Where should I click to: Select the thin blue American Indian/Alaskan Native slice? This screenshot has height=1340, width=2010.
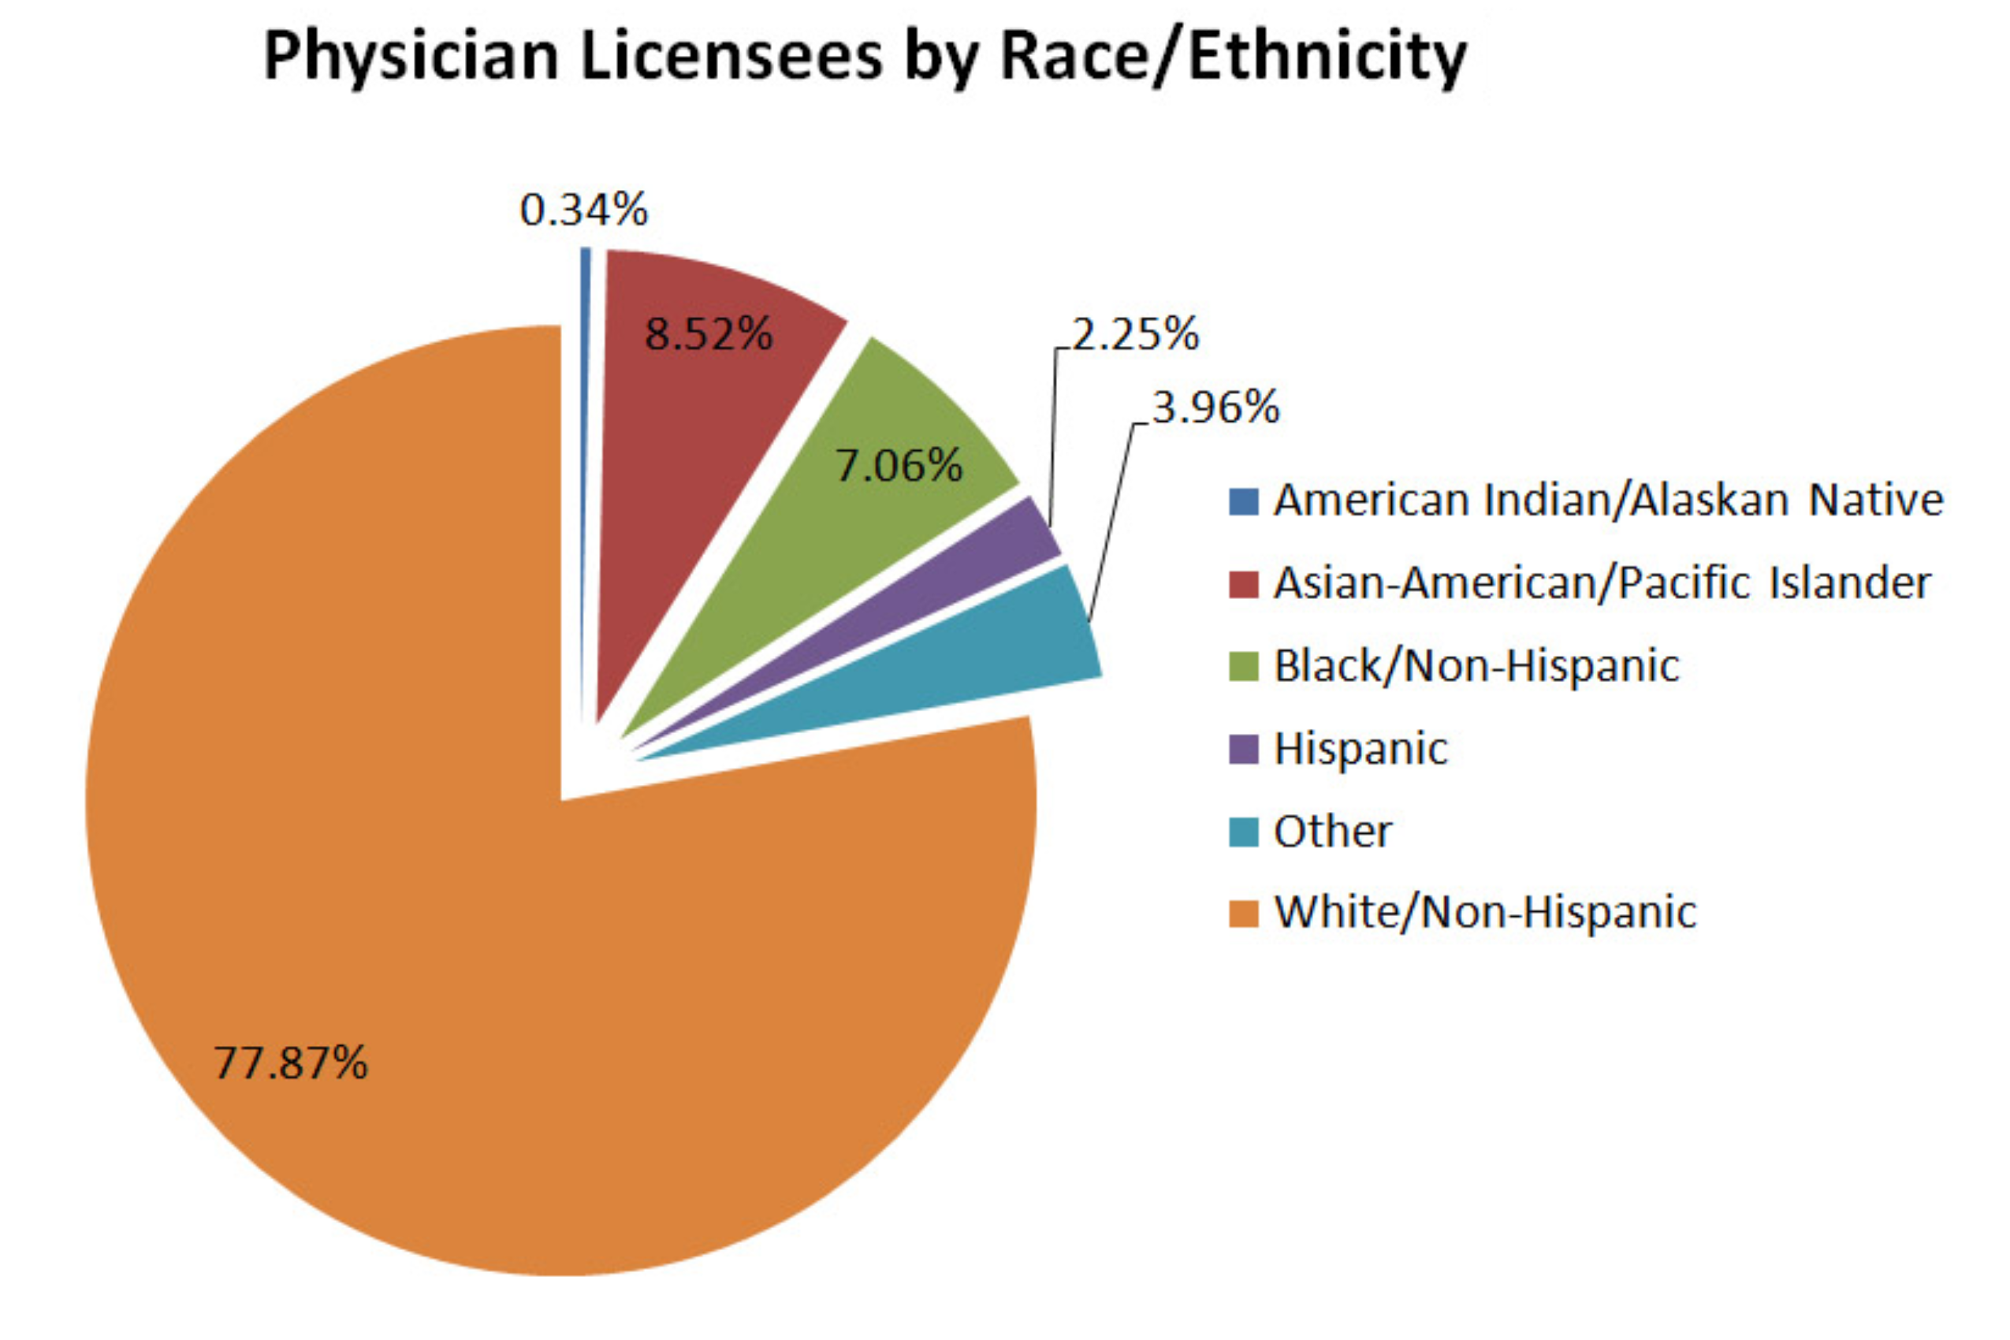(586, 427)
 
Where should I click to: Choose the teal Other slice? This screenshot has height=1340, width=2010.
(983, 667)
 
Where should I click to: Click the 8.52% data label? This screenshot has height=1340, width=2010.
(709, 334)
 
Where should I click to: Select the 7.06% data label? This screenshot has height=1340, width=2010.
(899, 467)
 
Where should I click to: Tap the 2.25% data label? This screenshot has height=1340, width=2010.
(1135, 334)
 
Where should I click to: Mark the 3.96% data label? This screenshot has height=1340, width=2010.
(1215, 408)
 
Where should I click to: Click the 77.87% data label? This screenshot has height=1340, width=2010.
(291, 1063)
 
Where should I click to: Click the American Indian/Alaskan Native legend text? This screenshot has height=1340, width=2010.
(1608, 501)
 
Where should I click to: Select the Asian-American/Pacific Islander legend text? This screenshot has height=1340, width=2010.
(1602, 583)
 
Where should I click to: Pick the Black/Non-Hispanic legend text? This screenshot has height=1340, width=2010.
(1476, 667)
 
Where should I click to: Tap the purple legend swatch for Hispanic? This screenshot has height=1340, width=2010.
(1243, 750)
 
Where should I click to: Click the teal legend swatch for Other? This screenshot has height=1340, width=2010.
(1243, 832)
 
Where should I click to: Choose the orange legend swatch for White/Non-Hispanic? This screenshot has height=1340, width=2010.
(1243, 913)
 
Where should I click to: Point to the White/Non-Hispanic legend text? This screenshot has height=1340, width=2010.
(1485, 913)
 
